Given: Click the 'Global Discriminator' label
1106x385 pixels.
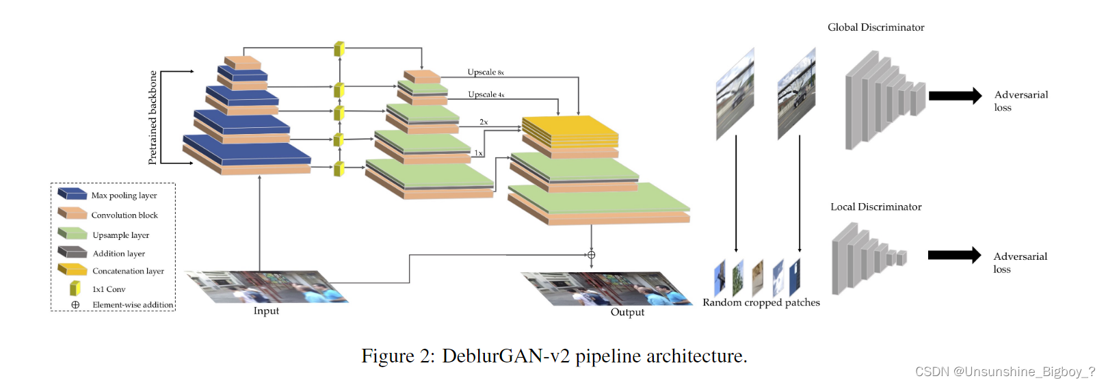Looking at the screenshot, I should (875, 27).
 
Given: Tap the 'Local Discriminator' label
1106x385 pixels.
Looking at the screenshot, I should (875, 207).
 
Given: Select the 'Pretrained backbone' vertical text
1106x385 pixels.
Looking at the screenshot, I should (153, 118).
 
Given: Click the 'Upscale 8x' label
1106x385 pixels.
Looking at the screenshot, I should (485, 72).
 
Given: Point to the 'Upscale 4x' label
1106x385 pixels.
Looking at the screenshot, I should (486, 94).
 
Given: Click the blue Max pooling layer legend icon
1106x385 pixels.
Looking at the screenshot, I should (73, 194).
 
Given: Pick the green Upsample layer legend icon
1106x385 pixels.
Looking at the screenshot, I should (73, 234).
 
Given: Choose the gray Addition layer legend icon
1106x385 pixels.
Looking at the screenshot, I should (73, 252).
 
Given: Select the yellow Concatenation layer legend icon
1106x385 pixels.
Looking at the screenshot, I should (73, 269).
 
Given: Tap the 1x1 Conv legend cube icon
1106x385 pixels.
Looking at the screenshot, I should (75, 289).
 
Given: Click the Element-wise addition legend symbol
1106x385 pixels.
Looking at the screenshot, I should (75, 305).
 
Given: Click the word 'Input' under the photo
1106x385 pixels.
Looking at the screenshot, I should (266, 311).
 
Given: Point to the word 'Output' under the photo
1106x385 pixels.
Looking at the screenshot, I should (627, 313).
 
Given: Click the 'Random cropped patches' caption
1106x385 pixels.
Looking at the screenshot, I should (761, 302).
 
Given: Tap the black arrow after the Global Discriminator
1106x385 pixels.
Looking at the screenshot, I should (955, 96).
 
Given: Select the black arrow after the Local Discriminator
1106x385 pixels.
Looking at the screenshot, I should (954, 255).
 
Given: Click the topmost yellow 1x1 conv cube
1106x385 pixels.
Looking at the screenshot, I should (339, 49).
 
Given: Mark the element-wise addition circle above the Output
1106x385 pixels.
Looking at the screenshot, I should (591, 255).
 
